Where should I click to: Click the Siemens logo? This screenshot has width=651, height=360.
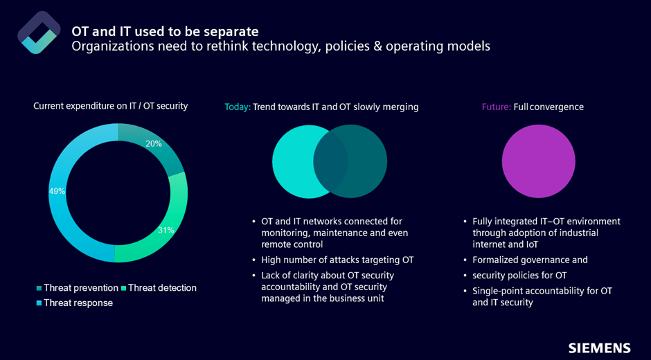[599, 348]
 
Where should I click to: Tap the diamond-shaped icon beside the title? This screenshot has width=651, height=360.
[39, 33]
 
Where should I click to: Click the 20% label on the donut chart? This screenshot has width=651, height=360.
[153, 144]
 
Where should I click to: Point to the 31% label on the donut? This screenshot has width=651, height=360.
[166, 230]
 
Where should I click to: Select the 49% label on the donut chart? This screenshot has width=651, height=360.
[57, 191]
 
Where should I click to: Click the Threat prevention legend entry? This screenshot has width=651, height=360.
[77, 288]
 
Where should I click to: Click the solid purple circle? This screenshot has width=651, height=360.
[538, 161]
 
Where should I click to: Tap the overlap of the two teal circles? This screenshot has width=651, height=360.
[330, 161]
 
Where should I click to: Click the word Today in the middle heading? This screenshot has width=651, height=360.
[237, 107]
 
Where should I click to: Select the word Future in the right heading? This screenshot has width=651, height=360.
[496, 107]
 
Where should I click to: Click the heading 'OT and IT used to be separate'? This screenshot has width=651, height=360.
[166, 31]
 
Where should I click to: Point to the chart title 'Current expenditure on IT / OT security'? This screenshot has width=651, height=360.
[111, 106]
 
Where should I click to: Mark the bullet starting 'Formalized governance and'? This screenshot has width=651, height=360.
[530, 260]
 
